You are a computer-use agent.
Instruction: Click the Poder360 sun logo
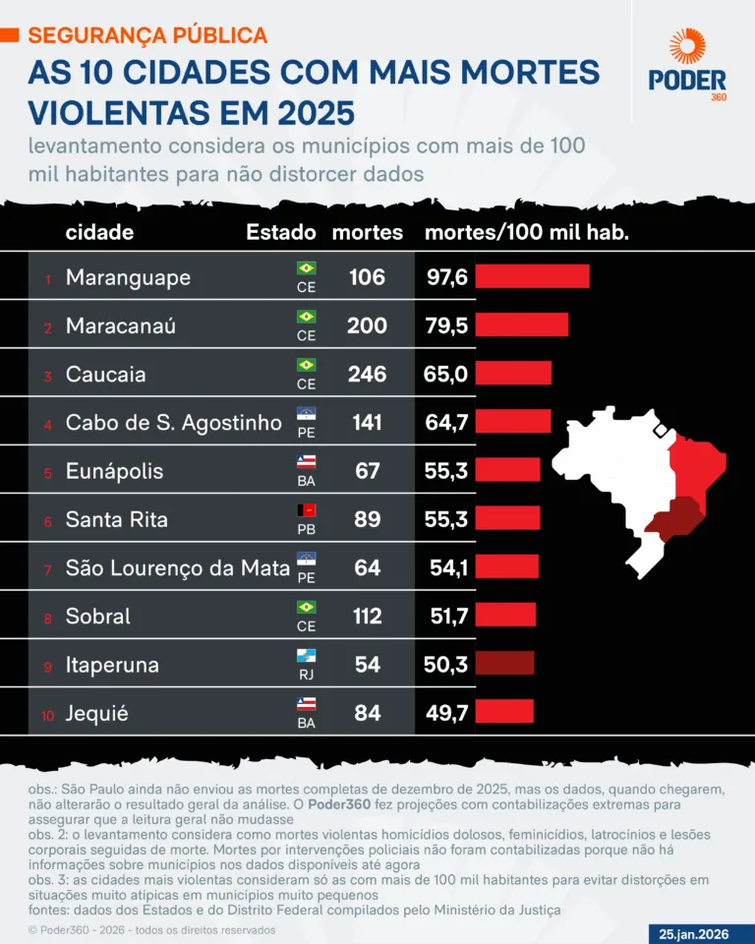pyautogui.click(x=688, y=47)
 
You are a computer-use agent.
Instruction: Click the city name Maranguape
pyautogui.click(x=128, y=277)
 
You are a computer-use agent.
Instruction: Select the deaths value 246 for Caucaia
pyautogui.click(x=368, y=374)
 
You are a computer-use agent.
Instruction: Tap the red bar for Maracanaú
pyautogui.click(x=521, y=325)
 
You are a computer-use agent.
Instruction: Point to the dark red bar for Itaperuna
pyautogui.click(x=504, y=663)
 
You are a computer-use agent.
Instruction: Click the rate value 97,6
pyautogui.click(x=446, y=277)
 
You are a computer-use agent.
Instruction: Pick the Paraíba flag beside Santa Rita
pyautogui.click(x=306, y=509)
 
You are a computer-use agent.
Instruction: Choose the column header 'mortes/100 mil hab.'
pyautogui.click(x=526, y=232)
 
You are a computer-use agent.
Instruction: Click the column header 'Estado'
pyautogui.click(x=281, y=232)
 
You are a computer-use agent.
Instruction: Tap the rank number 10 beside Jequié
pyautogui.click(x=48, y=715)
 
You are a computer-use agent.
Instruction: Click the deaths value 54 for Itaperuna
pyautogui.click(x=368, y=664)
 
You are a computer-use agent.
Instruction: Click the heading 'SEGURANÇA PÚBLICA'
pyautogui.click(x=147, y=35)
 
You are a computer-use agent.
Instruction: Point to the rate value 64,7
pyautogui.click(x=446, y=422)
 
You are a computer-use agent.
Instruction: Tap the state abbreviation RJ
pyautogui.click(x=306, y=675)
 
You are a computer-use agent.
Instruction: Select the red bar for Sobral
pyautogui.click(x=505, y=615)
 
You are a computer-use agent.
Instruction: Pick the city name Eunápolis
pyautogui.click(x=114, y=470)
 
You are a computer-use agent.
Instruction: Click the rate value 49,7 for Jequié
pyautogui.click(x=446, y=712)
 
